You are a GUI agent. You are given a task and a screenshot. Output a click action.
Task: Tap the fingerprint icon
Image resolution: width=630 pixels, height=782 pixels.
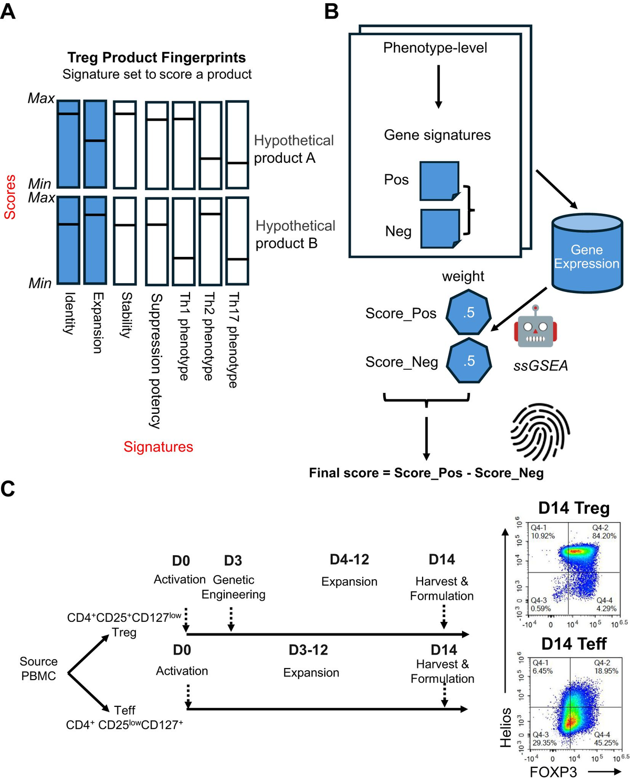[540, 431]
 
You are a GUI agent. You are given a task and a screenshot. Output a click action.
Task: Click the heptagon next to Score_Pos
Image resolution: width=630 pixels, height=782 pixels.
[468, 313]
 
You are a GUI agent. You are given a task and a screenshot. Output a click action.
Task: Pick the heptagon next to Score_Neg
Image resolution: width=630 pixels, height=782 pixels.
[469, 361]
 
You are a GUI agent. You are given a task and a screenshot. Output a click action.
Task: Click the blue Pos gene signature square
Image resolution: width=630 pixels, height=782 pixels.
[439, 181]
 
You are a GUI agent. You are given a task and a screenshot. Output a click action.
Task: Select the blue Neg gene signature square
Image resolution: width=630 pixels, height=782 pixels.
[440, 228]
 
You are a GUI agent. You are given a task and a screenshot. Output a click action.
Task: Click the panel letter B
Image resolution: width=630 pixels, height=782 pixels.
[331, 12]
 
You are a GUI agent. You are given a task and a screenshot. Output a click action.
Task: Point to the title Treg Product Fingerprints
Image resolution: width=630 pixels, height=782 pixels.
[156, 57]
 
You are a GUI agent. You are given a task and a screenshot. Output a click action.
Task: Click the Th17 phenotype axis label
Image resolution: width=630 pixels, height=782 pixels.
[233, 340]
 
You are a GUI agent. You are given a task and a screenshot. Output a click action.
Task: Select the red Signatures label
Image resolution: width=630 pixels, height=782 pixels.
[158, 447]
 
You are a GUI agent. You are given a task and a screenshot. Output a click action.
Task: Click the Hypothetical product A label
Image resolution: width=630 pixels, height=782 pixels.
[293, 149]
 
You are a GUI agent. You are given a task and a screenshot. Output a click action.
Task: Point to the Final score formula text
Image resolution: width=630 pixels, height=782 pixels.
[426, 473]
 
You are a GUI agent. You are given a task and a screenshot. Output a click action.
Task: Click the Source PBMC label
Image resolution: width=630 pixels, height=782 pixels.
[38, 669]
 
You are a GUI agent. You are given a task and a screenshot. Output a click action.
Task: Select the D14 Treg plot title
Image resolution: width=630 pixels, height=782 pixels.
[574, 508]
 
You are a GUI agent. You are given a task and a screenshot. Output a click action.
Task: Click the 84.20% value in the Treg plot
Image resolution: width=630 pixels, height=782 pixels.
[604, 536]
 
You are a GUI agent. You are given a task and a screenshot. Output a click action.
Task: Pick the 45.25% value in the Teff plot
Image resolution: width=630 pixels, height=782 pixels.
[606, 743]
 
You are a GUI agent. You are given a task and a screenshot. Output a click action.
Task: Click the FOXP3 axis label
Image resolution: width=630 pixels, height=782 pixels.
[553, 772]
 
